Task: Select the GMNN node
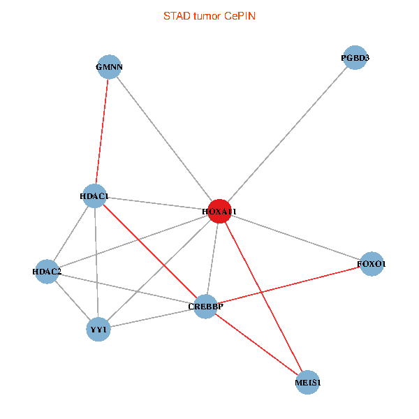109,67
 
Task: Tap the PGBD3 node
355,58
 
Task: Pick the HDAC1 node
94,196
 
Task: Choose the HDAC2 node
47,271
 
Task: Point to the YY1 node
98,328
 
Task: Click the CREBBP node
205,306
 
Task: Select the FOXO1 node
372,264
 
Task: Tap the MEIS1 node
308,382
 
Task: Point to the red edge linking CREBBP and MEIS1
256,344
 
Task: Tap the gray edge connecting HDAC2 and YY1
72,300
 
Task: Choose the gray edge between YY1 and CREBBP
152,317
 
